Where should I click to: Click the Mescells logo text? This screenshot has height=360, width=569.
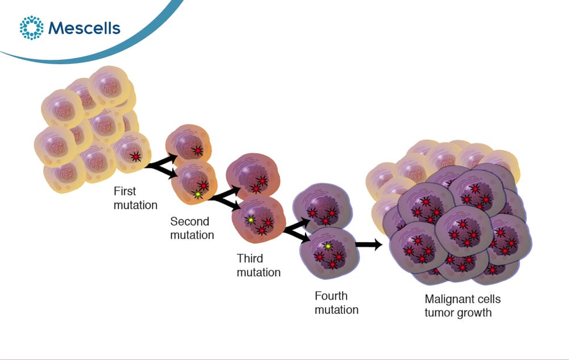pos(84,28)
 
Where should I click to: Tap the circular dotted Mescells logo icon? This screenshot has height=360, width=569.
pos(31,27)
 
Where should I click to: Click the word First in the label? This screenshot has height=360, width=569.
pos(125,191)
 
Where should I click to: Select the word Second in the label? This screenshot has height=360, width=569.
pos(190,221)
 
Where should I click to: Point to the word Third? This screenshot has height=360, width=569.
pos(250,259)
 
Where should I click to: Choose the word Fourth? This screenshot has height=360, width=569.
pos(331,296)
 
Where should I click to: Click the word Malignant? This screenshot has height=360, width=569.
pos(448,300)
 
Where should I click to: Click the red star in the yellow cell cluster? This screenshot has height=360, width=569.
pos(135,156)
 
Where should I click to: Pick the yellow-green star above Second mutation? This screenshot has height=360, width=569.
pos(198,195)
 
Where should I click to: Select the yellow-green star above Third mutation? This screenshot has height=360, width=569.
pos(250,220)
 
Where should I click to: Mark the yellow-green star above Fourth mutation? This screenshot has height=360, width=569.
pos(328,246)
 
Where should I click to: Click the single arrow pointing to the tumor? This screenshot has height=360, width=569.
pos(369,245)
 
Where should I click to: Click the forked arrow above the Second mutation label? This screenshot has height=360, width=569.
pos(224,198)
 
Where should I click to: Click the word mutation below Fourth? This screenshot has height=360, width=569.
pos(336,310)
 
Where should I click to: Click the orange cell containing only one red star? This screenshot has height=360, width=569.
pos(188,143)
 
